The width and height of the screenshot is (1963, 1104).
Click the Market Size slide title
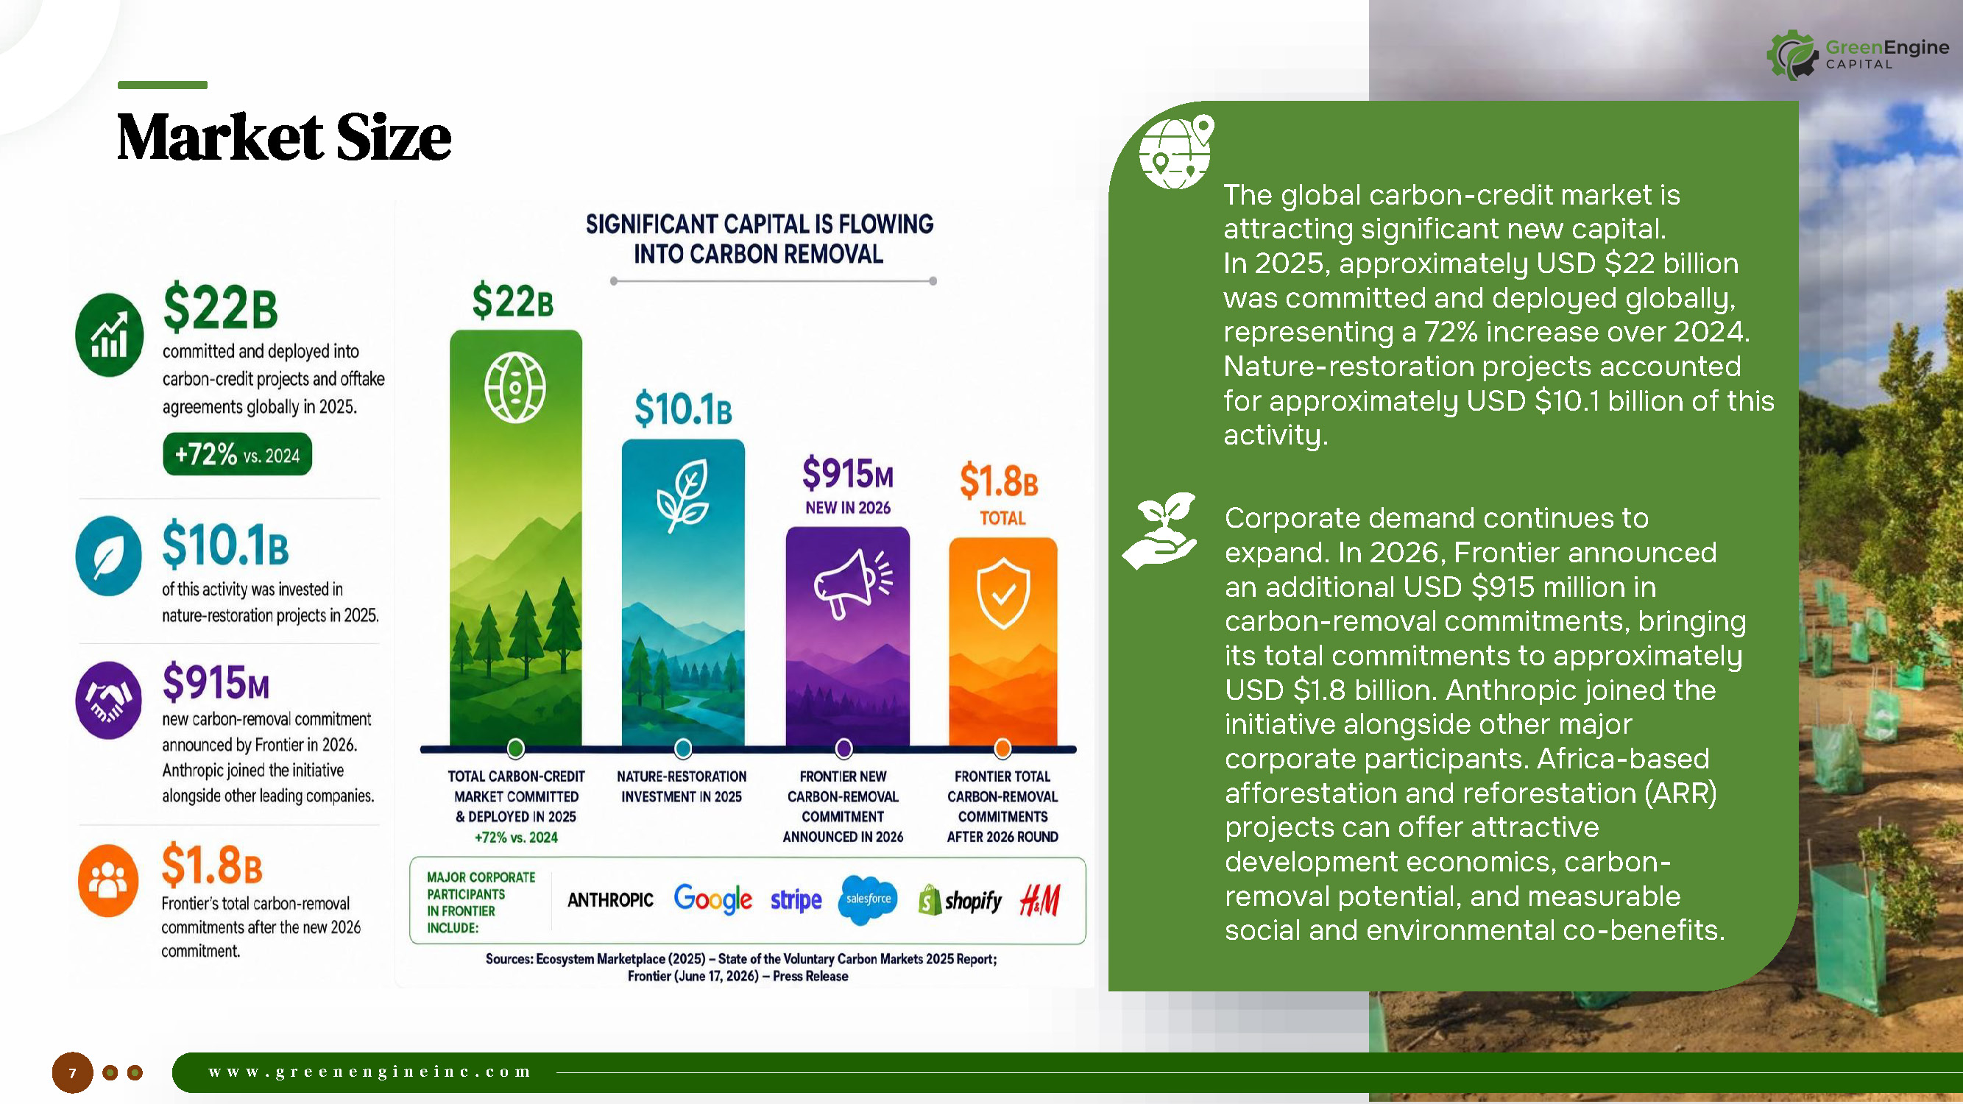[x=283, y=137]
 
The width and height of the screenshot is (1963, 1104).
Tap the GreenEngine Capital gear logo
[x=1793, y=55]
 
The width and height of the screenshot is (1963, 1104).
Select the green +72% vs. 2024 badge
[x=237, y=454]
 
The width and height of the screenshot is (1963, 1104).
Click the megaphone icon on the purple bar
[x=852, y=583]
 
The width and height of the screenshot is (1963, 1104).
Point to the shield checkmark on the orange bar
[x=1002, y=592]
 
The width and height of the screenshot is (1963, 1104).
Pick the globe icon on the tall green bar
[x=515, y=387]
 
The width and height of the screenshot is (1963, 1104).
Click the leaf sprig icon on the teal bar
[x=683, y=495]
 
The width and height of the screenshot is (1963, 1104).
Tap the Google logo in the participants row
[x=712, y=900]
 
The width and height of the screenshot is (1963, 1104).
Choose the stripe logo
[x=796, y=901]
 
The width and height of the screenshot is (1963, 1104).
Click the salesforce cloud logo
[x=868, y=900]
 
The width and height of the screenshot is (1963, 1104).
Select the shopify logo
[x=961, y=901]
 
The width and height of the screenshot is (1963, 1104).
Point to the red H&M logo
[x=1040, y=900]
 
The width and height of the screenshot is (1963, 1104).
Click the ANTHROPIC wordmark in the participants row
[x=610, y=900]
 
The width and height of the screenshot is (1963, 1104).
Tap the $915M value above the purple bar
[x=847, y=473]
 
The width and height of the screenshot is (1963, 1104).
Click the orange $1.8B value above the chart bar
[x=998, y=481]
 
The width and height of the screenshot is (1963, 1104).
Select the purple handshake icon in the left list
[x=108, y=700]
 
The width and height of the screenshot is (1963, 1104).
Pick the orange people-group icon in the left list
[x=108, y=881]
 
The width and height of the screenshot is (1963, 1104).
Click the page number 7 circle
[x=72, y=1073]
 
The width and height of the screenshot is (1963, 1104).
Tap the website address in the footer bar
[x=369, y=1072]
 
